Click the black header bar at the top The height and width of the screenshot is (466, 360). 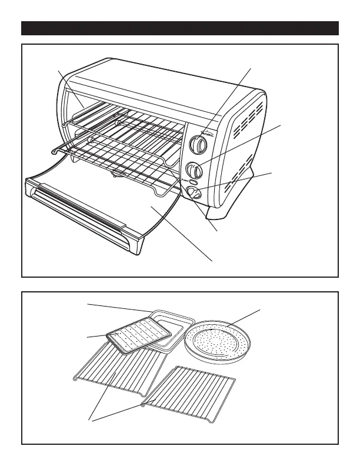coord(180,28)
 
